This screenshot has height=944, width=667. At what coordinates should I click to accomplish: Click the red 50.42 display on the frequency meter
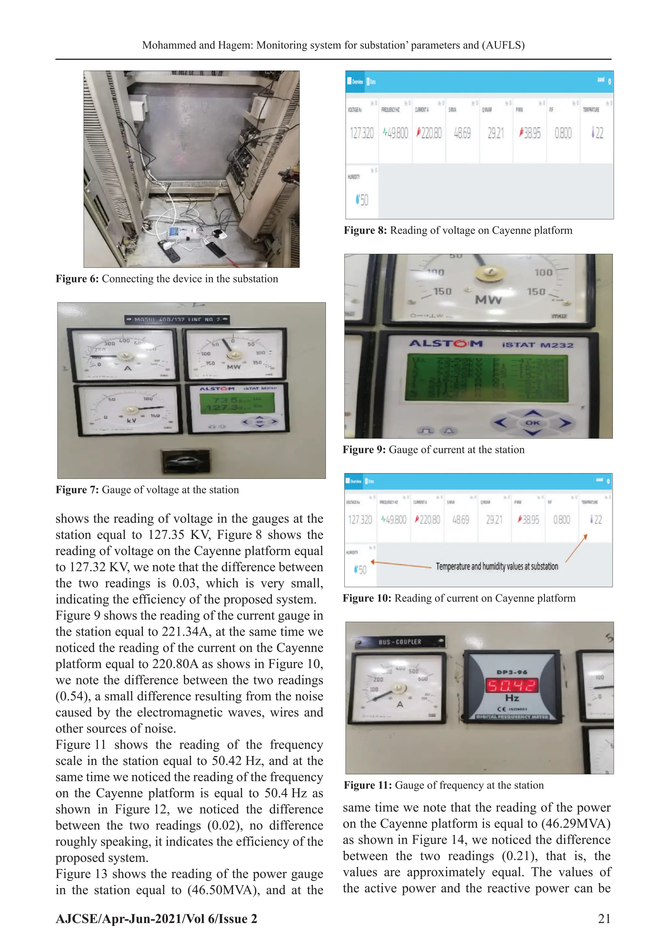click(512, 685)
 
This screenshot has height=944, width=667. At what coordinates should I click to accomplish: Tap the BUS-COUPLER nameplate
click(400, 642)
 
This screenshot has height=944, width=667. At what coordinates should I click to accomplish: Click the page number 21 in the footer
click(604, 919)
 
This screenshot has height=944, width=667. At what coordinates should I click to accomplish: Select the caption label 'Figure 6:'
click(77, 279)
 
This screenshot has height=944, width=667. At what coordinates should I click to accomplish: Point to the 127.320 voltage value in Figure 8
click(362, 133)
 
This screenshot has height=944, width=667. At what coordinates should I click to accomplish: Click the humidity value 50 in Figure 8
click(362, 200)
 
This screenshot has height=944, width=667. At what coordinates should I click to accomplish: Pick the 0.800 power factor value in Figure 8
click(563, 133)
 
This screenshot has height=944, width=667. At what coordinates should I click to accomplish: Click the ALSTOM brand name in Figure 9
click(446, 344)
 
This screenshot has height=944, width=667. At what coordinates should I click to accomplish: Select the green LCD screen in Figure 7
click(237, 403)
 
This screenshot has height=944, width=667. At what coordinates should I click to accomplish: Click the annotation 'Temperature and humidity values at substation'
click(497, 567)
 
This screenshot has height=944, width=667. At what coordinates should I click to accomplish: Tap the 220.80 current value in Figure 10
click(428, 520)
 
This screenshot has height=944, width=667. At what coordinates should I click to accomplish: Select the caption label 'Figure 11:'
click(368, 785)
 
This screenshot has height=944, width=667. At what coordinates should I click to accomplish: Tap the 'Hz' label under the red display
click(512, 698)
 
